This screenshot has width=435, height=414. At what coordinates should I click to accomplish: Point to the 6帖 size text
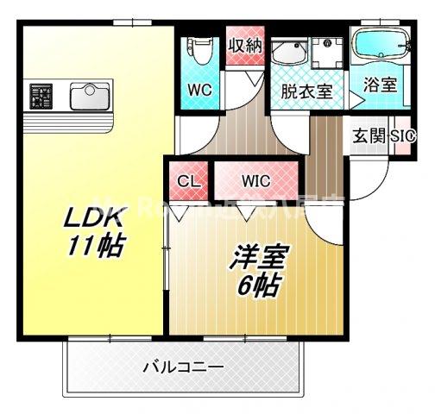click(x=256, y=285)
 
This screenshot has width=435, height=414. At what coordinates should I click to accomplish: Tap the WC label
click(x=200, y=89)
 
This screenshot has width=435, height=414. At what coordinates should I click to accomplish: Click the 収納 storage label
click(x=244, y=46)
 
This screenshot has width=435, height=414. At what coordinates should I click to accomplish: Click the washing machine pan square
click(x=327, y=53)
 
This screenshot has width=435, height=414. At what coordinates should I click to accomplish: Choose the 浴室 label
click(x=381, y=85)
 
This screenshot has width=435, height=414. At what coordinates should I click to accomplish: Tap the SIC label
click(x=402, y=136)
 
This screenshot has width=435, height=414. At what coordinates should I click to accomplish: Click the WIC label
click(x=255, y=181)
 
